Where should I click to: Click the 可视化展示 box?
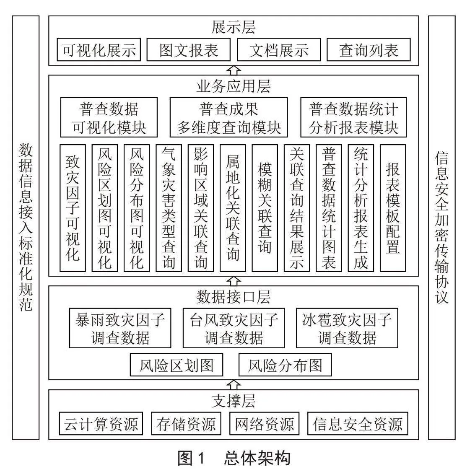99,49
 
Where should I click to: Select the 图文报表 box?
188,49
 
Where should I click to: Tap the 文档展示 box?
279,49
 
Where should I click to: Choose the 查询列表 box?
369,49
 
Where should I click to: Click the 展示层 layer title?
233,27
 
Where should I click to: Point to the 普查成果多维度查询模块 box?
229,117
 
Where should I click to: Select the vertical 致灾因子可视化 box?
73,208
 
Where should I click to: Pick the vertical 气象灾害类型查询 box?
169,208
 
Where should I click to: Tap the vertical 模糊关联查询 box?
265,208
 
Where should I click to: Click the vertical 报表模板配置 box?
393,208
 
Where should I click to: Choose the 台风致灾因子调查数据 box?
234,328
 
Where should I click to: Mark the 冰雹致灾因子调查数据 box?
347,328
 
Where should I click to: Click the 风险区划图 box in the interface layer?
177,365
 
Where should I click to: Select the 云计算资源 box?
101,424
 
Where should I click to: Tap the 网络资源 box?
265,424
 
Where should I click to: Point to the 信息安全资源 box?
358,424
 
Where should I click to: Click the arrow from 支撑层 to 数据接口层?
234,385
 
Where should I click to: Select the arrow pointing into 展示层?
234,70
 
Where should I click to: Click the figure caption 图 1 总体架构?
234,458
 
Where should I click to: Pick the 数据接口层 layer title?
233,297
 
